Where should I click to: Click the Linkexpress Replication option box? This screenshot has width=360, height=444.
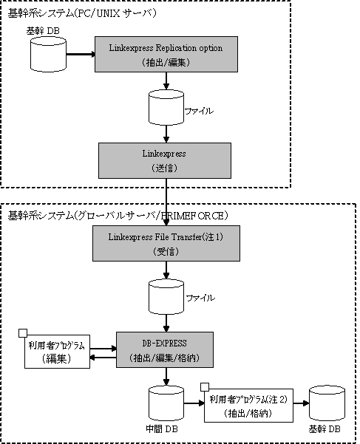pyautogui.click(x=166, y=54)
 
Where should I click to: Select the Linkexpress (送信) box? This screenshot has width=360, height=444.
pyautogui.click(x=165, y=160)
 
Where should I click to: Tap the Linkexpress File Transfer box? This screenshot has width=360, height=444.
pyautogui.click(x=166, y=243)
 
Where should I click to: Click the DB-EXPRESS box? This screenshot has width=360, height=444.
pyautogui.click(x=165, y=349)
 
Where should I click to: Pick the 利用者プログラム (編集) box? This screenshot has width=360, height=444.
pyautogui.click(x=57, y=352)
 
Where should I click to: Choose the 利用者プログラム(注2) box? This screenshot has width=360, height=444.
pyautogui.click(x=248, y=406)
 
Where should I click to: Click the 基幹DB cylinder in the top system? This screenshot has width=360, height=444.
pyautogui.click(x=49, y=54)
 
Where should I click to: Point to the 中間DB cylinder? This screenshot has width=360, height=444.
pyautogui.click(x=166, y=403)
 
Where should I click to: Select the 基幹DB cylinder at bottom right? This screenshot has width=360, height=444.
pyautogui.click(x=327, y=403)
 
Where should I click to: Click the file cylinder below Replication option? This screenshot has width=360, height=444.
pyautogui.click(x=166, y=108)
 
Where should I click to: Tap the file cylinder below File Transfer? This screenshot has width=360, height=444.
pyautogui.click(x=166, y=296)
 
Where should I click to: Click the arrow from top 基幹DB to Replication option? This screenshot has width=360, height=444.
pyautogui.click(x=81, y=54)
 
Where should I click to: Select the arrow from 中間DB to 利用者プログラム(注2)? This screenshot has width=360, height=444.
pyautogui.click(x=194, y=403)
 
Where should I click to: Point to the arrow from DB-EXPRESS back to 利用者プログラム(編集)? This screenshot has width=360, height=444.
pyautogui.click(x=103, y=358)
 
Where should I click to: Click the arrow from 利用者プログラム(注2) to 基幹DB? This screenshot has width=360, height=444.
pyautogui.click(x=301, y=403)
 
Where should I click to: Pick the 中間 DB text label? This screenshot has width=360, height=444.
pyautogui.click(x=162, y=429)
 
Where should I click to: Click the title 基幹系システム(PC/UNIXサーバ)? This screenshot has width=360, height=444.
pyautogui.click(x=82, y=13)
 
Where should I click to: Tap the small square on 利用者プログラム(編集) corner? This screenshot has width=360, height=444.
pyautogui.click(x=23, y=333)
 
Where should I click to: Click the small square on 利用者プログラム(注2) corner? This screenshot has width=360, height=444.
pyautogui.click(x=205, y=387)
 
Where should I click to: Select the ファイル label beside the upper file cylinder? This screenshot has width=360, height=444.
pyautogui.click(x=199, y=111)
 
